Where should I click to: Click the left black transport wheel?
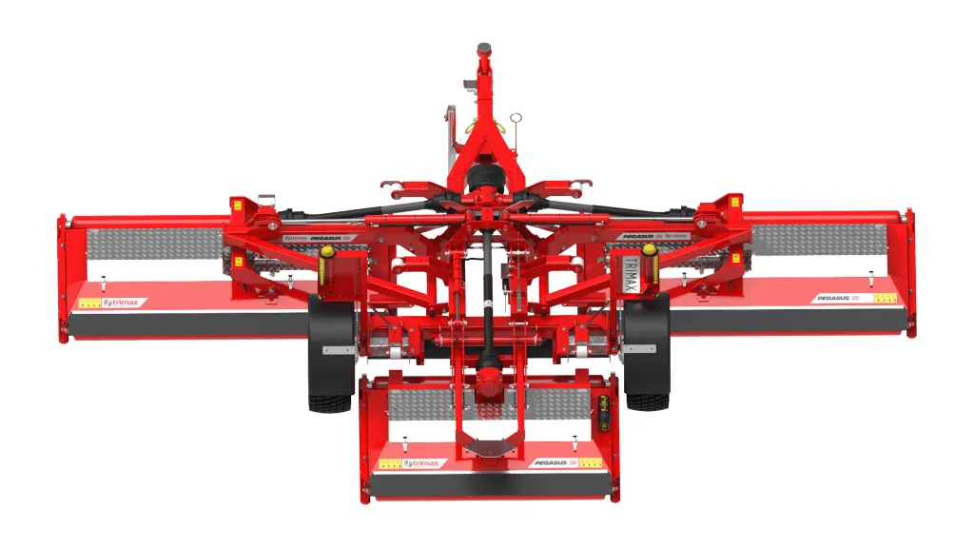pyautogui.click(x=329, y=357)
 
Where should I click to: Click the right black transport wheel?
pyautogui.click(x=647, y=357)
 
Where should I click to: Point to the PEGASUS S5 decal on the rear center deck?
pyautogui.click(x=555, y=462)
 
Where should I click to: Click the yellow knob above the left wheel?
pyautogui.click(x=328, y=253)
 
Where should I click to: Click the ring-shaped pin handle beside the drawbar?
pyautogui.click(x=516, y=119)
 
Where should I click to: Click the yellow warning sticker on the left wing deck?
pyautogui.click(x=89, y=303)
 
